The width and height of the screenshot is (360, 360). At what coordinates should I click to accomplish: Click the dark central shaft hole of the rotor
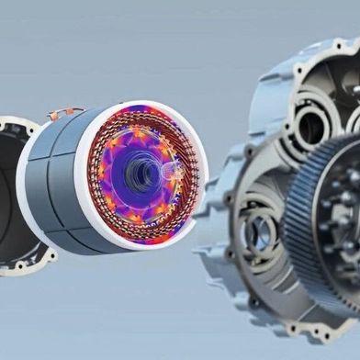click(142, 170)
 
